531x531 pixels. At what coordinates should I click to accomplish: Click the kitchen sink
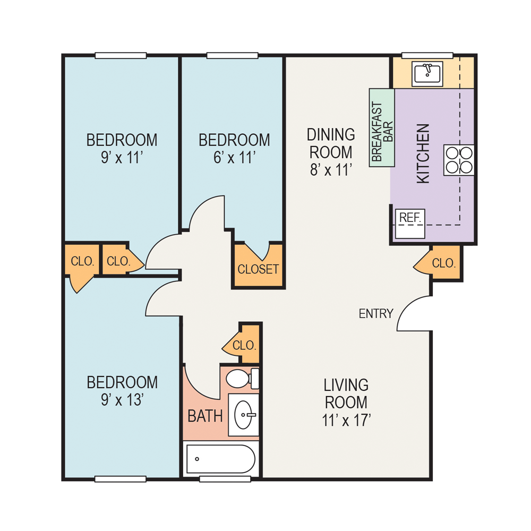click(x=427, y=74)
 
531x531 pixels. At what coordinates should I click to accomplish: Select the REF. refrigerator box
click(x=410, y=224)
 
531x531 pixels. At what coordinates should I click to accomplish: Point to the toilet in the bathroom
click(x=241, y=379)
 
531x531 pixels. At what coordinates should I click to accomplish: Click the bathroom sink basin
click(x=244, y=414)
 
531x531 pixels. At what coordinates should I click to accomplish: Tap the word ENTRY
click(x=376, y=314)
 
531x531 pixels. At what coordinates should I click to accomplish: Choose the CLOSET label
click(x=258, y=269)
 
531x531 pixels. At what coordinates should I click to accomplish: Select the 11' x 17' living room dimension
click(x=346, y=420)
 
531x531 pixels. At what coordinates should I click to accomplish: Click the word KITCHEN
click(x=423, y=153)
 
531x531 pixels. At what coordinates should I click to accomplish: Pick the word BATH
click(x=205, y=416)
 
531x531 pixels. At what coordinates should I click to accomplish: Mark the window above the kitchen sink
click(x=427, y=55)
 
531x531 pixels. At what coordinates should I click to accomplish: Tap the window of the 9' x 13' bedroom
click(x=121, y=479)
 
